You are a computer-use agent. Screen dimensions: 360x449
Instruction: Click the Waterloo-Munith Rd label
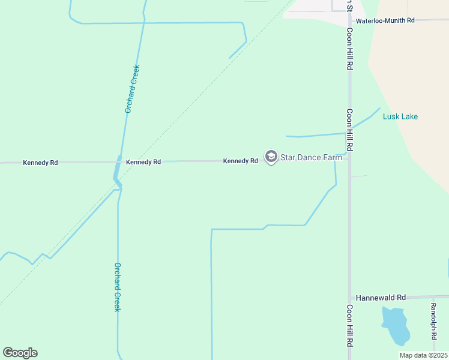(x=385, y=20)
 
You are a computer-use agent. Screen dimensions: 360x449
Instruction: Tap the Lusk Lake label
(x=400, y=116)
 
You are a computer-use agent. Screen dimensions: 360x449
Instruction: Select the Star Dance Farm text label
(x=311, y=157)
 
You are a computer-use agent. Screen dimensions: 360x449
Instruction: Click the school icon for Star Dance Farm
(x=271, y=157)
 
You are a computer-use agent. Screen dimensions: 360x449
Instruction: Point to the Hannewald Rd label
(x=381, y=297)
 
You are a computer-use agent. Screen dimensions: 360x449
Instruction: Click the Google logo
(x=20, y=353)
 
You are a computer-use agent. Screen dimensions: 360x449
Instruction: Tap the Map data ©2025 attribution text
(x=423, y=355)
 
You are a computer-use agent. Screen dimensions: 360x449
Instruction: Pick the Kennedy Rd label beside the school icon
(x=240, y=161)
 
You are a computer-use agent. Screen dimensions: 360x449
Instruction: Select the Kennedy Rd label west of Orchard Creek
(x=40, y=163)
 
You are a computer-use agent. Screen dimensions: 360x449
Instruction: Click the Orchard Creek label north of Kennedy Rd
(x=131, y=89)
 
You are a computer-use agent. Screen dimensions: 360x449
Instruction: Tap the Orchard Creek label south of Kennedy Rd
(x=118, y=287)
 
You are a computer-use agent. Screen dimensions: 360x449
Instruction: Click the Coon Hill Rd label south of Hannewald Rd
(x=349, y=326)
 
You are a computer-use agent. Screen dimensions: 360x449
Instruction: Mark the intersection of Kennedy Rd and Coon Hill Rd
(x=349, y=159)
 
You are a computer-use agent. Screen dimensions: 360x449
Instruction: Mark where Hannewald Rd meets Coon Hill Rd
(x=349, y=297)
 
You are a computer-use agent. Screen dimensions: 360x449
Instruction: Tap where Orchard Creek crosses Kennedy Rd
(x=119, y=161)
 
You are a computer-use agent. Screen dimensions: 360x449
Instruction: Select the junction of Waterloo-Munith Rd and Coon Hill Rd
(x=349, y=20)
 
